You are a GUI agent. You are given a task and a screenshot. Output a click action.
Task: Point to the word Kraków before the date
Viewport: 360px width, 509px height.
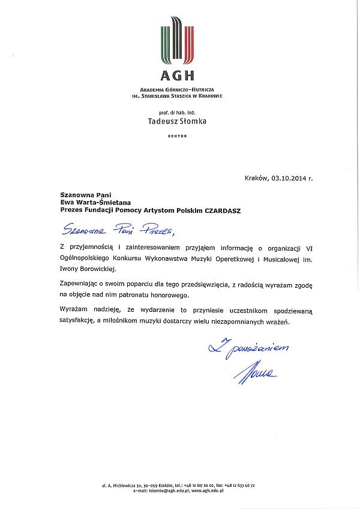(256, 178)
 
